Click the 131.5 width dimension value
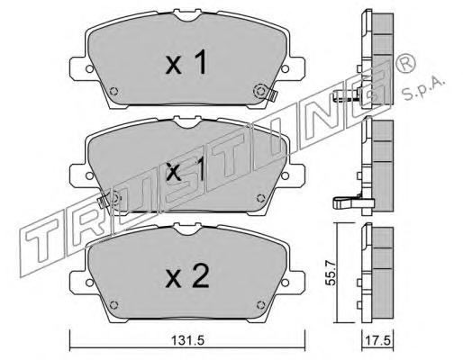point(187,340)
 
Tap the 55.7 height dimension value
point(331,272)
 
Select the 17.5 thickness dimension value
point(377,340)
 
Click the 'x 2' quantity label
point(187,276)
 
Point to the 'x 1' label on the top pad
point(186,62)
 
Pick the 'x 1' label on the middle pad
point(186,170)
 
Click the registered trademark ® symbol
point(405,63)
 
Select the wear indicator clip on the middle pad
point(103,201)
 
